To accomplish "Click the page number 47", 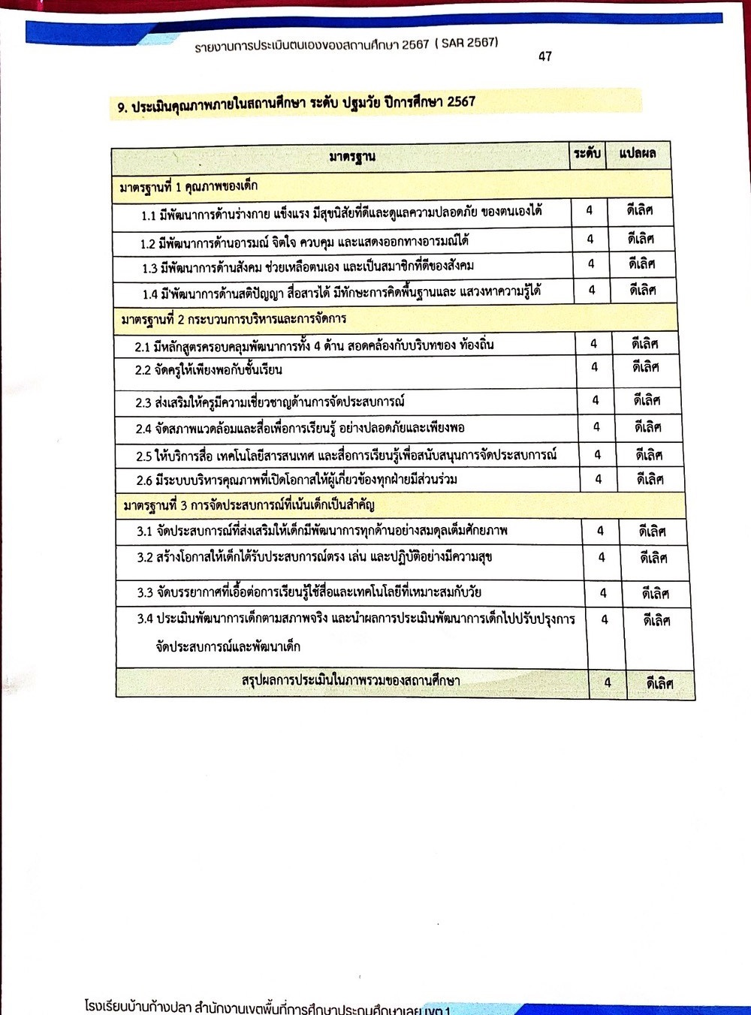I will [545, 57].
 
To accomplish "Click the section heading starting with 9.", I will [296, 103].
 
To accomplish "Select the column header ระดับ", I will [587, 154].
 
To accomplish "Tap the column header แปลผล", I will [638, 154].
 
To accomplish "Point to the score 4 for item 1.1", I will [590, 211].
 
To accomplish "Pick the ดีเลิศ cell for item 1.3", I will [642, 264].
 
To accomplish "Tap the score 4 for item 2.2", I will [595, 368].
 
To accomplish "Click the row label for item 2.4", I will [300, 428].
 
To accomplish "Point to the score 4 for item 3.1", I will [600, 532].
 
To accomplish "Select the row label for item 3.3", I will [309, 592].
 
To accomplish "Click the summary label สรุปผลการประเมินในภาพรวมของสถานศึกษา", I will [351, 681].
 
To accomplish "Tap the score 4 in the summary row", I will [608, 682].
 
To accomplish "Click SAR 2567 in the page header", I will [466, 43].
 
